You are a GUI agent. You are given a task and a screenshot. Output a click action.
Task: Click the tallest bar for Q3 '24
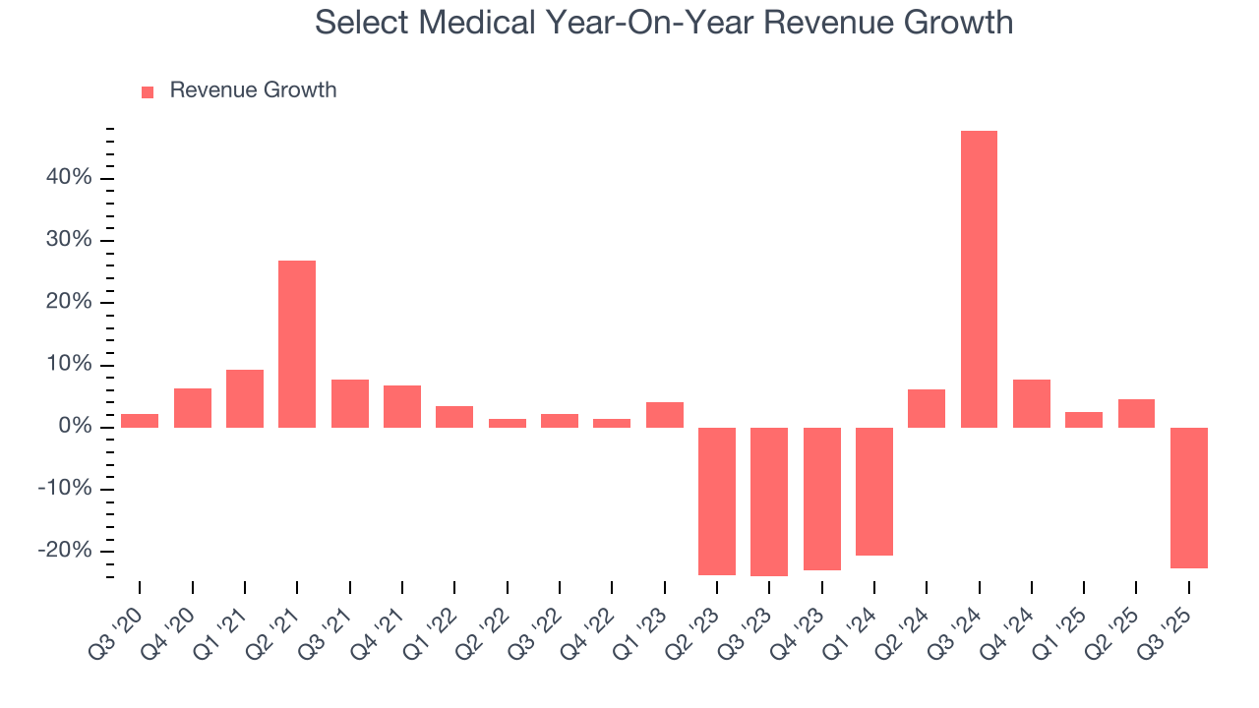[x=979, y=279]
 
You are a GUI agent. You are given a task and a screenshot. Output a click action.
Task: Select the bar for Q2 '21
[x=297, y=344]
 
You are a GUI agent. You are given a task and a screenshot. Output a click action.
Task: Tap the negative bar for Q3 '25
[x=1188, y=498]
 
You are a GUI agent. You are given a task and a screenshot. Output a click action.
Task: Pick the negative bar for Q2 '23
[x=717, y=501]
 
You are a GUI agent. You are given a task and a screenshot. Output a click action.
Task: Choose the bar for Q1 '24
[x=874, y=492]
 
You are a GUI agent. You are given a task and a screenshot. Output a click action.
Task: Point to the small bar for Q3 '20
[x=140, y=421]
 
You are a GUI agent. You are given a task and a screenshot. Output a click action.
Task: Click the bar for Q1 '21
[x=245, y=398]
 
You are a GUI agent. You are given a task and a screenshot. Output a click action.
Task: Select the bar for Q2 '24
[x=927, y=408]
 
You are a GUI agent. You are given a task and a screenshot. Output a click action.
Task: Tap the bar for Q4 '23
[x=821, y=499]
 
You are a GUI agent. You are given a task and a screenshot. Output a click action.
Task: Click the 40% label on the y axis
[x=70, y=178]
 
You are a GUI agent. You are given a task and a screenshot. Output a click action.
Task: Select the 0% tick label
[x=76, y=427]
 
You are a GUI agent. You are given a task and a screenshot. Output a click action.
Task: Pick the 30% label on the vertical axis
[x=70, y=240]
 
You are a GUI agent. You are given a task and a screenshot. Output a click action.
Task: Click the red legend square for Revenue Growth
[x=148, y=91]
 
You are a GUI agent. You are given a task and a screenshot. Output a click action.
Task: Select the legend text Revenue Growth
[x=253, y=90]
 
